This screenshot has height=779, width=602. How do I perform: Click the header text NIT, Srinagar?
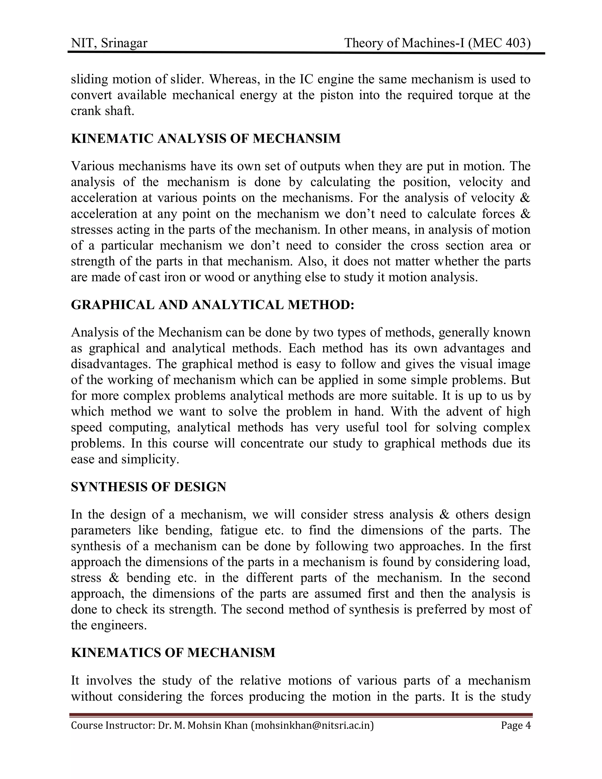[x=109, y=43]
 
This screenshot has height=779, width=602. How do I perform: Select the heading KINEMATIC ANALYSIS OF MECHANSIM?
[x=206, y=138]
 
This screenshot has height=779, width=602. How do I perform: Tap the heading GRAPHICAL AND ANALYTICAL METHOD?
[x=213, y=305]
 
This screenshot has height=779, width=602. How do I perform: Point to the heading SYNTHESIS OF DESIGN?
[x=148, y=487]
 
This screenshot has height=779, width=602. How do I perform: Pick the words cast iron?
[x=163, y=277]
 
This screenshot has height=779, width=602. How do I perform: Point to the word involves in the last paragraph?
[x=109, y=680]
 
